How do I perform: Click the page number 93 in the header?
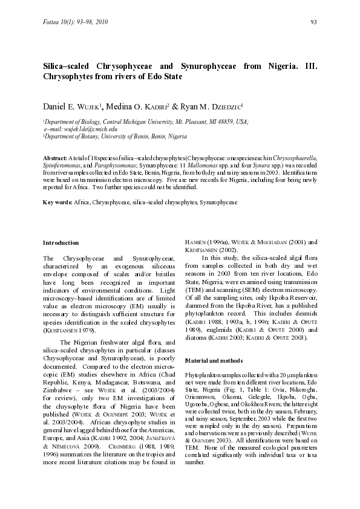tap(314, 22)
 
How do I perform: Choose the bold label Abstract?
tap(54, 157)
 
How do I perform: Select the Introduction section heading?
tap(61, 242)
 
